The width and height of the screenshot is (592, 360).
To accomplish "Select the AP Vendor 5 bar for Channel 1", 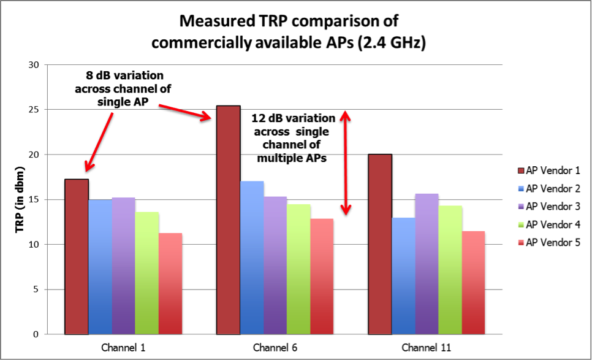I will click(x=170, y=283).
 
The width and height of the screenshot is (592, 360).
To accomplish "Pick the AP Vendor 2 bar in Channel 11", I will click(x=403, y=276).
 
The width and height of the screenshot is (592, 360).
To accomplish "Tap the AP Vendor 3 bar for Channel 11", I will click(x=427, y=264).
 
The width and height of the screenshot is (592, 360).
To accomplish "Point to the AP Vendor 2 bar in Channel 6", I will click(x=251, y=258).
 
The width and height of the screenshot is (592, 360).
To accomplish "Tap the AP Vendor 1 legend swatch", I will click(x=519, y=170).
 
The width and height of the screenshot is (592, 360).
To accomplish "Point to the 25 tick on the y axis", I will click(x=33, y=110).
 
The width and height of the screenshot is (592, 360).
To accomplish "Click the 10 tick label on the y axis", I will click(x=33, y=245).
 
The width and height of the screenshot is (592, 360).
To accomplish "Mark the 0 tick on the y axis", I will click(x=36, y=335).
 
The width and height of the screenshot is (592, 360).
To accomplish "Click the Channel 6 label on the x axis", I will click(x=275, y=348).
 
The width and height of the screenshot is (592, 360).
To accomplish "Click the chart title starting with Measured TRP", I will click(x=289, y=31).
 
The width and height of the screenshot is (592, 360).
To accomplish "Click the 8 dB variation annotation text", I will click(x=123, y=88).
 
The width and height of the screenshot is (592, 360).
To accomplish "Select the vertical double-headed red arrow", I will click(x=346, y=163).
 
